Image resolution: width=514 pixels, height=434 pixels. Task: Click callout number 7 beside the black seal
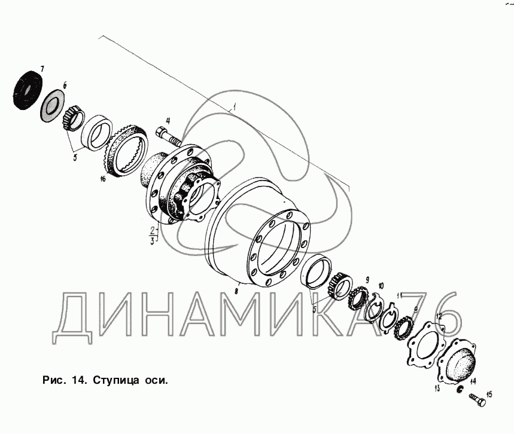pyautogui.click(x=42, y=69)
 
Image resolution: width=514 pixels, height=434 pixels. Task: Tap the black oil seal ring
pyautogui.click(x=29, y=90)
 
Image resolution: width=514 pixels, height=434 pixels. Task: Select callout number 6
pyautogui.click(x=65, y=85)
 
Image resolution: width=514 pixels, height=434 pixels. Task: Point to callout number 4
pyautogui.click(x=168, y=121)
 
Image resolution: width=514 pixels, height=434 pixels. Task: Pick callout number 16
pyautogui.click(x=103, y=179)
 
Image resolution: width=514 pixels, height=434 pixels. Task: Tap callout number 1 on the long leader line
pyautogui.click(x=235, y=107)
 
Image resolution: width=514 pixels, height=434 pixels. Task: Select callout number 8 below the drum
pyautogui.click(x=236, y=291)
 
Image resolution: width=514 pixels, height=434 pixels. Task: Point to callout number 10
pyautogui.click(x=381, y=286)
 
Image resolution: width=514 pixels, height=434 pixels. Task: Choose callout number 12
pyautogui.click(x=439, y=316)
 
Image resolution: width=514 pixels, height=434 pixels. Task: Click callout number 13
pyautogui.click(x=437, y=389)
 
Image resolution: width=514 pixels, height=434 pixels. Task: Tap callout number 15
pyautogui.click(x=489, y=395)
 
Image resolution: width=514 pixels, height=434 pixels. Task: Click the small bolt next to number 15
pyautogui.click(x=477, y=399)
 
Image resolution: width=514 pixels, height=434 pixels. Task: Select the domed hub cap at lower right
pyautogui.click(x=458, y=361)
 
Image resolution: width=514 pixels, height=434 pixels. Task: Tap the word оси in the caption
pyautogui.click(x=156, y=381)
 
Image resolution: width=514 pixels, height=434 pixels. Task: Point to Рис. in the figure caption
pyautogui.click(x=53, y=381)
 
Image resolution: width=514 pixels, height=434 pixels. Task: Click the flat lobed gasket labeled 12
pyautogui.click(x=425, y=344)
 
